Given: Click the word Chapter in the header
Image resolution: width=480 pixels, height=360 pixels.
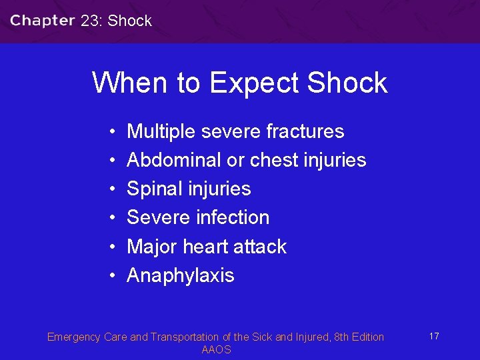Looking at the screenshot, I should pos(43,21).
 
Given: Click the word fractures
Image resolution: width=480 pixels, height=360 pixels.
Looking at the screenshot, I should pos(305,131).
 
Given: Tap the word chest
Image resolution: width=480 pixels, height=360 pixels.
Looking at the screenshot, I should pos(275,160).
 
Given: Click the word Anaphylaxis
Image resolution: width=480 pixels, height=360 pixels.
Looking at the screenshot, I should pos(181,275).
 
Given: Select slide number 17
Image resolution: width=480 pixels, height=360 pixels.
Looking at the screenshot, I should pos(434,336).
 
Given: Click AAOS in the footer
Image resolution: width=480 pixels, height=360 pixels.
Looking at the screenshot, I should pos(216,350).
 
